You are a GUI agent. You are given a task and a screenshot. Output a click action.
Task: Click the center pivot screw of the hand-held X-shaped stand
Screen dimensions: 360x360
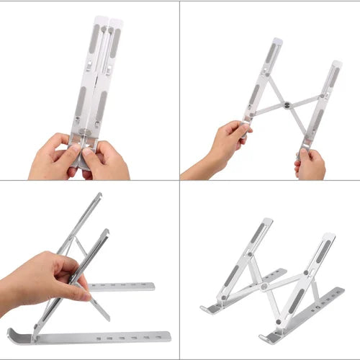[288, 105]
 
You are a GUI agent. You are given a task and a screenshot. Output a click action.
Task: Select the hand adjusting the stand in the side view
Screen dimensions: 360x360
[43, 277]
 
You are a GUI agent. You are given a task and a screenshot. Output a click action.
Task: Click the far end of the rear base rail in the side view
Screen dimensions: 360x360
[152, 286]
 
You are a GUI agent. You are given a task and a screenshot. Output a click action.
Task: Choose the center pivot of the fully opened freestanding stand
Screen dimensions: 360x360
[264, 286]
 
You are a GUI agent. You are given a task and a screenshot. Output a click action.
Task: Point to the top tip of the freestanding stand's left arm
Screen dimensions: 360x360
[267, 220]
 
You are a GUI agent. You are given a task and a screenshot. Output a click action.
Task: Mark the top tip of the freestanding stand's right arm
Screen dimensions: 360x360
[330, 235]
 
